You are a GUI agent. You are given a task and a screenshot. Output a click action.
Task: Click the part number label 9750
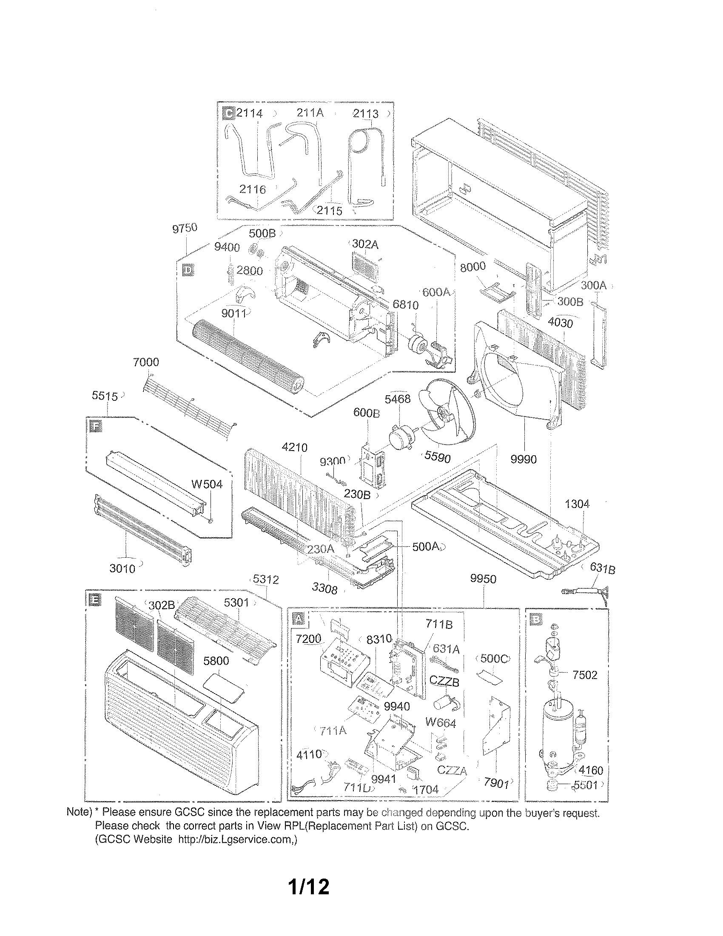tap(185, 228)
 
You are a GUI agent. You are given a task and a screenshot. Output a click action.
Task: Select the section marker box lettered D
tap(188, 271)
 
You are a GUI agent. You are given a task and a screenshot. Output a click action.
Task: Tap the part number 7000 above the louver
tap(145, 362)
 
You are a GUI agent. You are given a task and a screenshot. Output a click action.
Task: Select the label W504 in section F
tap(207, 484)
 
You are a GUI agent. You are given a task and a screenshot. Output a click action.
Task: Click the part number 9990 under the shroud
tap(523, 459)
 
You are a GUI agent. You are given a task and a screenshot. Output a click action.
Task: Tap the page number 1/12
tap(309, 899)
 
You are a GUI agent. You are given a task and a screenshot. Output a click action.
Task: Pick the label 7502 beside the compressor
tap(585, 675)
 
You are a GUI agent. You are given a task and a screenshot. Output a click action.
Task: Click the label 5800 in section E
tap(216, 660)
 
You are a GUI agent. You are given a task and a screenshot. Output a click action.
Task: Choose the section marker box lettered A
tap(298, 618)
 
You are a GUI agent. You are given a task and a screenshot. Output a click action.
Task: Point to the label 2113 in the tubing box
tap(365, 114)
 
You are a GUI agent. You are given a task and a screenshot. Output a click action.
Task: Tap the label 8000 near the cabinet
tap(473, 266)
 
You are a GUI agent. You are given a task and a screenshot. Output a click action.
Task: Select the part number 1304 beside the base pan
tap(577, 504)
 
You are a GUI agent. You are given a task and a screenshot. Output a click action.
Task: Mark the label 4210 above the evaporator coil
tap(294, 448)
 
